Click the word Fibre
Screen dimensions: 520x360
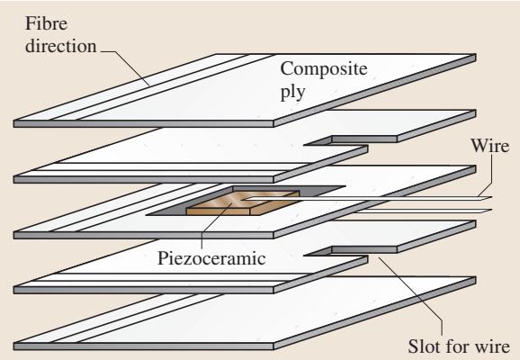[x=47, y=23]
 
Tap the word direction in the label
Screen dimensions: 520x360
[x=61, y=46]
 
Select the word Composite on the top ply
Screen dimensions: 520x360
[x=324, y=69]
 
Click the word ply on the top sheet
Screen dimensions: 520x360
[x=292, y=92]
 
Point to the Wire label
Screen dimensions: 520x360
[x=489, y=146]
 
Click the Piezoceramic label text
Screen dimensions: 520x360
[x=211, y=258]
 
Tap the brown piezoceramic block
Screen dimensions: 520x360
[x=243, y=202]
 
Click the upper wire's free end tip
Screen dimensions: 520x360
[x=492, y=198]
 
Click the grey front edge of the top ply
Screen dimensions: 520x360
[x=143, y=124]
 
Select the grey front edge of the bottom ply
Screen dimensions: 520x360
[x=143, y=346]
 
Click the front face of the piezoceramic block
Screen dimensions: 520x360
[x=218, y=211]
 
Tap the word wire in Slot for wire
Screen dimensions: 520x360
[x=491, y=346]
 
